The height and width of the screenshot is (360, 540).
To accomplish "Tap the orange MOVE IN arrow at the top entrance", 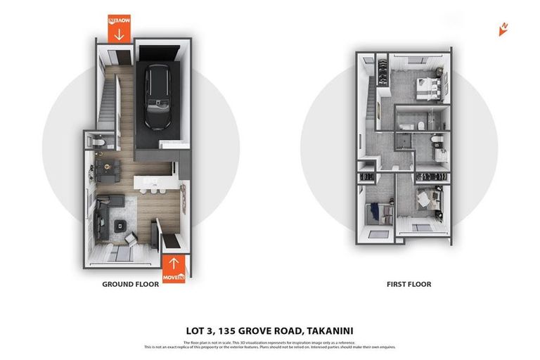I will [119, 29].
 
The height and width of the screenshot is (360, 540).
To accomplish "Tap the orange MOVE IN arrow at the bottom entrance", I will [174, 269].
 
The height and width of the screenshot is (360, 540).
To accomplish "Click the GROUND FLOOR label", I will [131, 285].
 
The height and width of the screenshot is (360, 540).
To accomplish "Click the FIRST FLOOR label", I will [409, 285].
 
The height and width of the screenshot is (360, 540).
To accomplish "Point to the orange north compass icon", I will [503, 29].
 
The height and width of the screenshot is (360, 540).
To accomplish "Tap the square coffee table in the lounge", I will [120, 226].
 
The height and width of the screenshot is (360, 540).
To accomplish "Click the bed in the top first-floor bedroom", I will [428, 89].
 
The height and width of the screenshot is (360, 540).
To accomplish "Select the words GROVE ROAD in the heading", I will [274, 330].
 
